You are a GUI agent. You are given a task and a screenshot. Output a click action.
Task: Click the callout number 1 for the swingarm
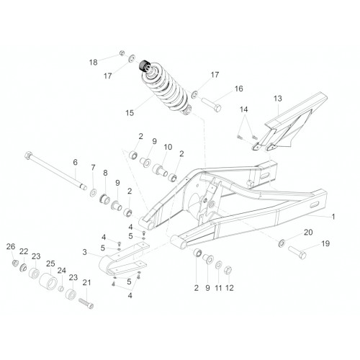pos(333,217)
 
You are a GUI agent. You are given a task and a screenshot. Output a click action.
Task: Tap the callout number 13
pos(278,99)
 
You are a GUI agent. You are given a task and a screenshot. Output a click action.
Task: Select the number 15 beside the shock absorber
pos(130,113)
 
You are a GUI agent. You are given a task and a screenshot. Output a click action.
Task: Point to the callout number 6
pos(76,162)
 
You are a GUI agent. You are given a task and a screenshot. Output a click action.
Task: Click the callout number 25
pos(50,264)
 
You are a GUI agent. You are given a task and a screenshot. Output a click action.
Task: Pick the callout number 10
pos(168,147)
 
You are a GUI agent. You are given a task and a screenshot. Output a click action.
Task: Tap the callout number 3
pos(84,252)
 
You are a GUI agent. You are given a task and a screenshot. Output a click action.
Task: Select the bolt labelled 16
pos(211,104)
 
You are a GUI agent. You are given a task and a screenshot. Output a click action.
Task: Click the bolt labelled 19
pos(297,252)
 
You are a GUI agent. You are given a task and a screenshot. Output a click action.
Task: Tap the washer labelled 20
pos(282,243)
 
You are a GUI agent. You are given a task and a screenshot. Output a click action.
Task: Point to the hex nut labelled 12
pos(228,270)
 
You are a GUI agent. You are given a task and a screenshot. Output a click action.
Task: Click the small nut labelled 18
pos(122,53)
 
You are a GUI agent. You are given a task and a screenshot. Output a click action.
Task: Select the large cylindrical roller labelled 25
pos(48,282)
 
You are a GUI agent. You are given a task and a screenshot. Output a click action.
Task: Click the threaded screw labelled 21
pos(86,304)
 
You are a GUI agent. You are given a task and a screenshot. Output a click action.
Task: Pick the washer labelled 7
pos(93,192)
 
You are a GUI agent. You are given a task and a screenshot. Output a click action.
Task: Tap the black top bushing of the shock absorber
pos(144,66)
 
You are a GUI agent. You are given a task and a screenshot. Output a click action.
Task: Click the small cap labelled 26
pos(15,263)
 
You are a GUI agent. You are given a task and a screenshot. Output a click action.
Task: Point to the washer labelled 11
pos(218,265)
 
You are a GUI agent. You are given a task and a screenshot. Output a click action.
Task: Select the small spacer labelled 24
pos(61,289)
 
